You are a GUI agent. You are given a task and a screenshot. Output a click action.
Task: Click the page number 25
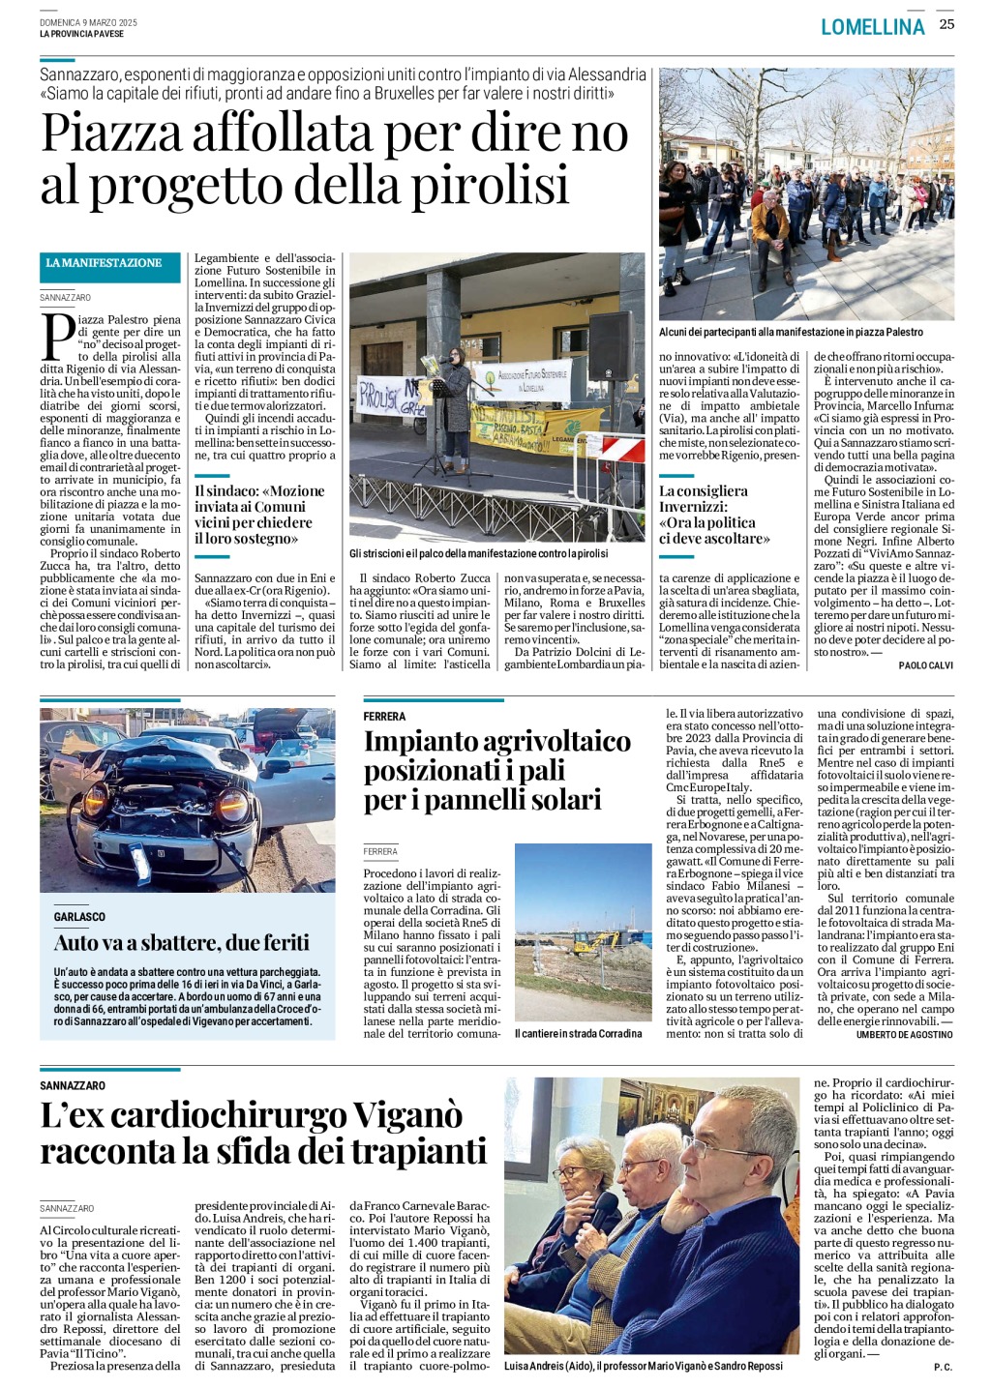(x=946, y=24)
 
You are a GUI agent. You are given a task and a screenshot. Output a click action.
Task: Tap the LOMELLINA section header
(x=872, y=27)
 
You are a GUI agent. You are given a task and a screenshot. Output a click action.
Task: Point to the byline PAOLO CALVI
(x=926, y=665)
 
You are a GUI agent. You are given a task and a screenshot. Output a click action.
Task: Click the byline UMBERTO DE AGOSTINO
(x=904, y=1034)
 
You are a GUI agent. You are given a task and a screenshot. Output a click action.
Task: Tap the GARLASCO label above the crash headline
(x=79, y=916)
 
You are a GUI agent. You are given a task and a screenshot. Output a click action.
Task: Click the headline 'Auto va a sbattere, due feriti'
(x=182, y=942)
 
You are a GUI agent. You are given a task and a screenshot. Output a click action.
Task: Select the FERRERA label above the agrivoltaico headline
(x=384, y=717)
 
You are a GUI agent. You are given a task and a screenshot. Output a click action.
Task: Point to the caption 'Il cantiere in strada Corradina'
(x=578, y=1033)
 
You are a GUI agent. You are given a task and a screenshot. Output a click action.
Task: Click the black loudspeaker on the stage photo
(x=611, y=345)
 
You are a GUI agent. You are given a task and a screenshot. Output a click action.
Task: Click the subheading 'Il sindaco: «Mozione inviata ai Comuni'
(x=259, y=490)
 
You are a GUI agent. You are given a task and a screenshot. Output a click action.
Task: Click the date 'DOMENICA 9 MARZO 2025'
(x=88, y=22)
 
